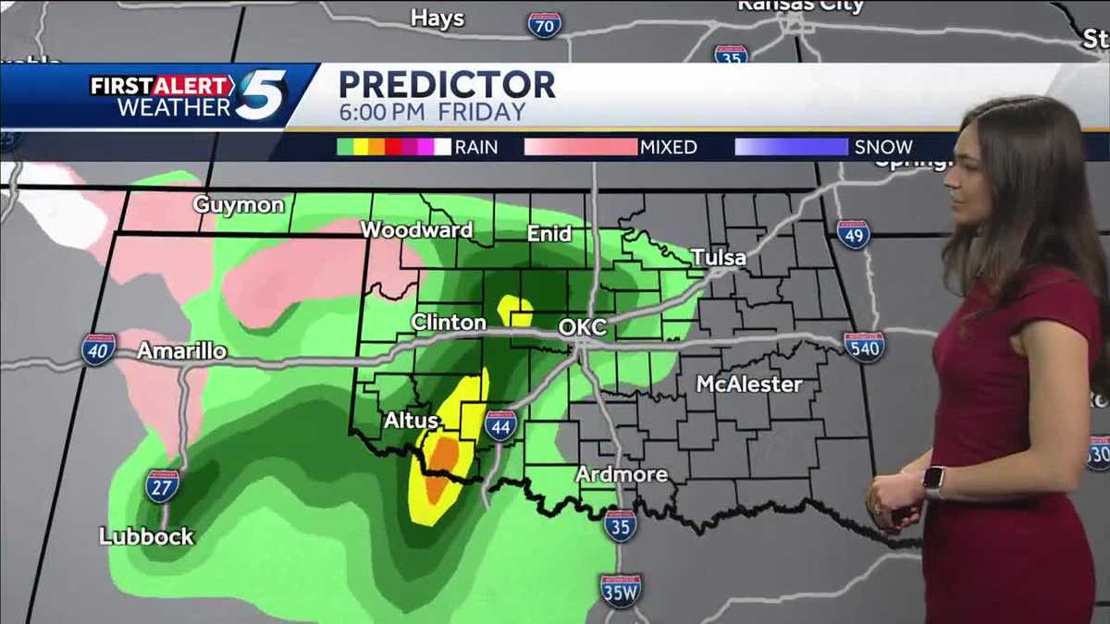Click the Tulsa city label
click(x=718, y=257)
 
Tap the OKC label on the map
click(x=583, y=327)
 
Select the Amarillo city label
click(x=181, y=351)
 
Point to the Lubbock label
click(x=146, y=536)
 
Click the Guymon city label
click(x=239, y=204)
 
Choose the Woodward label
click(x=416, y=230)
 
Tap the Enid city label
click(x=549, y=234)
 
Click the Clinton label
click(x=449, y=323)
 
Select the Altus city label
click(x=412, y=422)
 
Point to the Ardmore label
click(x=622, y=474)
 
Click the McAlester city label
click(x=749, y=384)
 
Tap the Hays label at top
click(x=437, y=18)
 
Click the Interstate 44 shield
click(x=500, y=426)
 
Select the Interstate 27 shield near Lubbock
click(x=162, y=486)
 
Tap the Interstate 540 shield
click(x=864, y=347)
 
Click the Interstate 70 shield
click(x=545, y=24)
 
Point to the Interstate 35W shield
click(x=620, y=590)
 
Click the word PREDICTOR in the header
click(x=447, y=84)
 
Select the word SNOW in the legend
click(x=883, y=147)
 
